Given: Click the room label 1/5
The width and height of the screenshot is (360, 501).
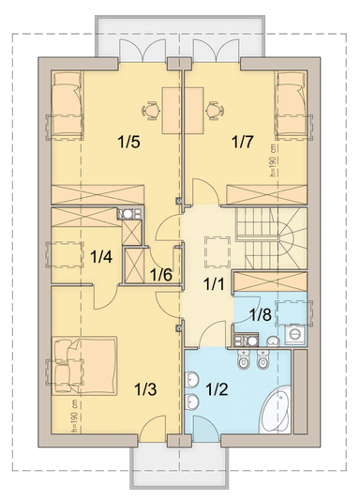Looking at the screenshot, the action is (128, 142).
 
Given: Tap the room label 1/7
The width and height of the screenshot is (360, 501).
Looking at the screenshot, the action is (243, 142).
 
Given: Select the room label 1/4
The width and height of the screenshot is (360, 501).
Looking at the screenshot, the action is (101, 256).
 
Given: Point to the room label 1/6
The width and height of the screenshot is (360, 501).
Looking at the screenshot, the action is (161, 275).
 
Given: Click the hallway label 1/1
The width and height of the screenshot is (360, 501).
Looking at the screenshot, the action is (214, 283).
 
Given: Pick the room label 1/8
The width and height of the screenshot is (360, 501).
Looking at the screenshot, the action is (261, 314).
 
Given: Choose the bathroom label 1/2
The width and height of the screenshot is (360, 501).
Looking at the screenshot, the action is (217, 389).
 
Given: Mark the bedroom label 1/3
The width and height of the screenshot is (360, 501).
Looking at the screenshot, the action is (145, 389).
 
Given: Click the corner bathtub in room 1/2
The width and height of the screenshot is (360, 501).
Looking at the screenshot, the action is (275, 410).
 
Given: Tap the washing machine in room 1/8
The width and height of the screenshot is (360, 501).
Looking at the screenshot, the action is (295, 335).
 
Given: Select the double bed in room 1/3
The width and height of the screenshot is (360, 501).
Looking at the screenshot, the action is (84, 366).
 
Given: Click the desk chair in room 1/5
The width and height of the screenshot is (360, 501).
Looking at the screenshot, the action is (151, 111).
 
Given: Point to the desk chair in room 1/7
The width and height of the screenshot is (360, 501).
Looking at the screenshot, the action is (215, 111).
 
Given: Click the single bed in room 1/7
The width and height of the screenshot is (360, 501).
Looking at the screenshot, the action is (291, 106).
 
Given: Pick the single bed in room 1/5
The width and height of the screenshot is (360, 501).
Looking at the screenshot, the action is (67, 106).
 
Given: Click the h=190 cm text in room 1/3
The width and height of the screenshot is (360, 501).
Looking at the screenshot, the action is (75, 416).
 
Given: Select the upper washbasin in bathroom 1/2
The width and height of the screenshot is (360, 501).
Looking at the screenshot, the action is (191, 379).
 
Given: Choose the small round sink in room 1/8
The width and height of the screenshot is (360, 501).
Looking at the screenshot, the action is (273, 342).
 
